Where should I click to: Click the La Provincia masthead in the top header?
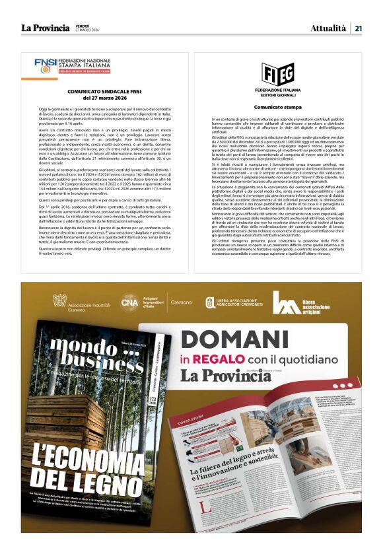coord(45,28)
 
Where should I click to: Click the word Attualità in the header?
coord(328,28)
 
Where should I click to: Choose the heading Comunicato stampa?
coord(277,106)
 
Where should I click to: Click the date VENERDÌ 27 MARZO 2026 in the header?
coord(87,28)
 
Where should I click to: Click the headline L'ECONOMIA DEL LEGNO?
coord(88,471)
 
